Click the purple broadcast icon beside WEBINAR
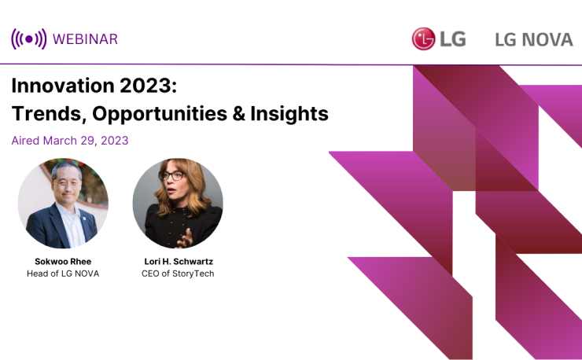(x=29, y=39)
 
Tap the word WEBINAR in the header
(x=86, y=39)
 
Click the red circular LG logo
(x=423, y=39)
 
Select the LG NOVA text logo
(x=534, y=40)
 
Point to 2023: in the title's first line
(x=149, y=86)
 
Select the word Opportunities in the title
(x=160, y=113)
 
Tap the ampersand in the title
(x=238, y=113)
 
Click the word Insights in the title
(x=289, y=113)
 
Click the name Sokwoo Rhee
(x=63, y=262)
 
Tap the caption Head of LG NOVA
(x=63, y=274)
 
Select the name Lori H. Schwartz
(x=179, y=262)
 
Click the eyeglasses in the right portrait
(x=171, y=175)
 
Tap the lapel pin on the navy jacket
(x=84, y=218)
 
